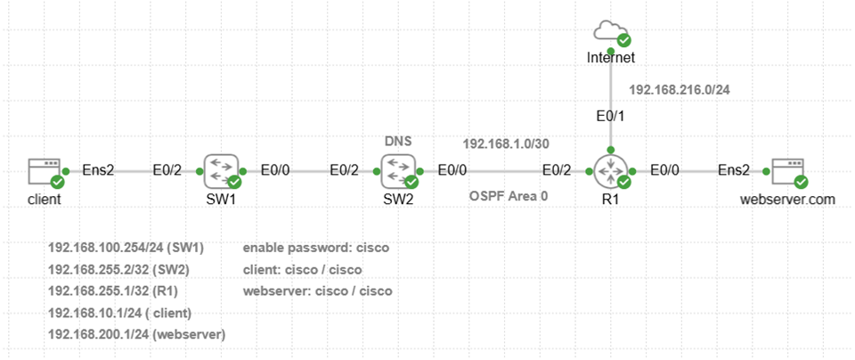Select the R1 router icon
(610, 169)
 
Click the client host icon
(44, 169)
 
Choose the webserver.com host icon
(786, 169)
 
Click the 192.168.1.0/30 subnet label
(505, 143)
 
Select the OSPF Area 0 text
(509, 195)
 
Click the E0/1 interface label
(610, 117)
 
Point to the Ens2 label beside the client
(98, 169)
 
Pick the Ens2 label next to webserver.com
(734, 169)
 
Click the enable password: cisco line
(316, 247)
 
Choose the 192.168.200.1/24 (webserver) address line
(137, 334)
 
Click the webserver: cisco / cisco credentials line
(317, 290)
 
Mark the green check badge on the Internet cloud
(624, 40)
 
